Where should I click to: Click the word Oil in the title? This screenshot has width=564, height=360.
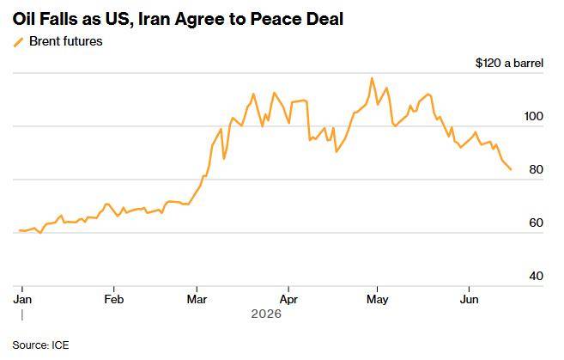pos(24,19)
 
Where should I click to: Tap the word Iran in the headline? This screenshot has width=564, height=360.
pos(155,19)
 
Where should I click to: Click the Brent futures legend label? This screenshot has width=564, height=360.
pos(66,41)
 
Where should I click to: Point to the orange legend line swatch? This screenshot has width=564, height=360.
pos(19,42)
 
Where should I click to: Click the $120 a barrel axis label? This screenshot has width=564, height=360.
pos(509,63)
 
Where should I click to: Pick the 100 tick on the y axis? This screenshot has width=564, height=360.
pos(534,116)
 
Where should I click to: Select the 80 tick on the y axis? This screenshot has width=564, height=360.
pos(537,169)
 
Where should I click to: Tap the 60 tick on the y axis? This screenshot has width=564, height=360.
pos(537,223)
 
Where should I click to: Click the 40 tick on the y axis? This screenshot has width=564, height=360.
pos(537,276)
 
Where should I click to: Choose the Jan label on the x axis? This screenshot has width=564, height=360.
pos(22,299)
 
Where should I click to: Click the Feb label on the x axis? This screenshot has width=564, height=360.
pos(113,299)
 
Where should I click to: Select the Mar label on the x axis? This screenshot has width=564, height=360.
pos(197,299)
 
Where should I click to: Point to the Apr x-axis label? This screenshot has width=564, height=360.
pos(288,299)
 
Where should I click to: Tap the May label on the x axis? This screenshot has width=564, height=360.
pos(378,299)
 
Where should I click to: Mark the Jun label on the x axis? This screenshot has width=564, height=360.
pos(469,299)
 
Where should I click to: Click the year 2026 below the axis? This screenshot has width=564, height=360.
pos(266,314)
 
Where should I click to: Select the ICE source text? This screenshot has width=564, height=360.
pos(60,345)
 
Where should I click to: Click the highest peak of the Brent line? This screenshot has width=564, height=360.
pos(372,78)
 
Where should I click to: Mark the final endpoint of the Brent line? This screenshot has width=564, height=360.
pos(511,169)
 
